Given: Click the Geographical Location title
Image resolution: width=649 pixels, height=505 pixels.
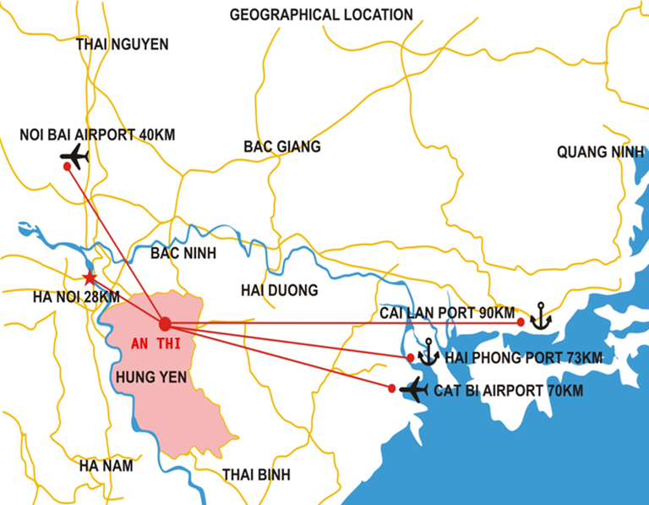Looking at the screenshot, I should [x=321, y=15].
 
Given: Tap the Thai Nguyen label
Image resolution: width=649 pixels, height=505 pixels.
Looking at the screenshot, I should [x=122, y=44].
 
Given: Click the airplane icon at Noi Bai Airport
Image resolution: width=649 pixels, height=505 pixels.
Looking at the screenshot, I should [x=76, y=156].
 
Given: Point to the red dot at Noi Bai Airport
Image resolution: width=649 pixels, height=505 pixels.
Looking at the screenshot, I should [x=68, y=167].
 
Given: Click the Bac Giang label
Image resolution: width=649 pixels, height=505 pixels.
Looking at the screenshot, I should [x=282, y=147].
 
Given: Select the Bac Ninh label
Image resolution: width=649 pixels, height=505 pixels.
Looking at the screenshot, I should [x=183, y=253].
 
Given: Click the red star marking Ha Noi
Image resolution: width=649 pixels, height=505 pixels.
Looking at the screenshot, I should [x=90, y=277].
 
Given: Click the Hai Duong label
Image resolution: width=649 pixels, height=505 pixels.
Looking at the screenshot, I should [x=279, y=290].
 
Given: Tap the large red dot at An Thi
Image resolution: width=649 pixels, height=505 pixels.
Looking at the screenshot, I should [x=165, y=324].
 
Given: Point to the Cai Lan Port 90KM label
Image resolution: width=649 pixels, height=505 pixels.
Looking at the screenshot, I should [x=447, y=312].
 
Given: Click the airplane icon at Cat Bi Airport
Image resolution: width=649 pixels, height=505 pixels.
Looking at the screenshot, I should [x=414, y=389].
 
